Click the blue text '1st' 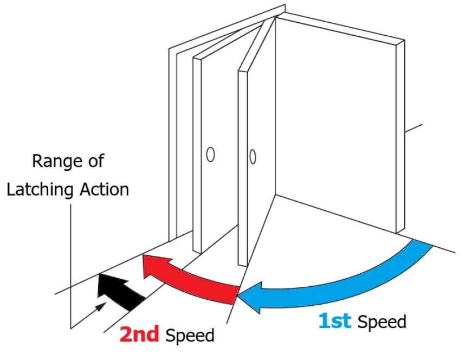coord(334,322)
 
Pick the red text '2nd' coord(139,335)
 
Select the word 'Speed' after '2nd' coord(190,335)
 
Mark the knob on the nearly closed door coord(210,154)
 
